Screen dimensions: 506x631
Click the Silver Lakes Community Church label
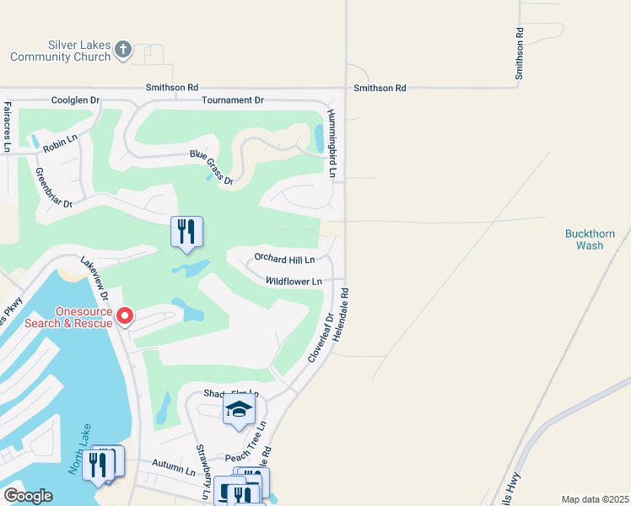(61, 51)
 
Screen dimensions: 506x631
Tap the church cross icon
(123, 50)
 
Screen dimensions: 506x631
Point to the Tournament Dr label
(233, 100)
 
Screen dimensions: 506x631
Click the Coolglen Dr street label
(75, 100)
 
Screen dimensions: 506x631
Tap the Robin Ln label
(60, 142)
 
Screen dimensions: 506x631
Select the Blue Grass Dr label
(211, 166)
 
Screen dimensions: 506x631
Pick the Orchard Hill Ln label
(284, 259)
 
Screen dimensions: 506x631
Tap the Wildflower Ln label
(294, 281)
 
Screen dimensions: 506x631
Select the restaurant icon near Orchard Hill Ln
(186, 230)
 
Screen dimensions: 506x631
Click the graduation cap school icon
(239, 410)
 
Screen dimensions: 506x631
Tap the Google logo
(28, 496)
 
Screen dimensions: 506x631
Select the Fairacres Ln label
(8, 126)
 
